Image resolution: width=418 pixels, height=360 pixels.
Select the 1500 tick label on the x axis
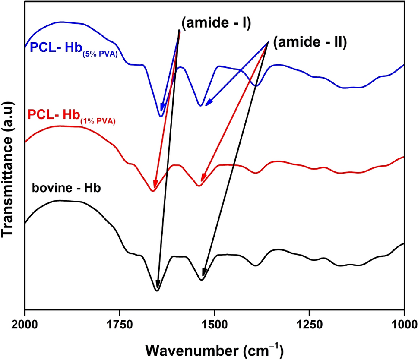(x=215, y=322)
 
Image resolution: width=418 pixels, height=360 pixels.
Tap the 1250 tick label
(x=309, y=322)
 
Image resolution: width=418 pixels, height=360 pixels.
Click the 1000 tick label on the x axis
(x=403, y=322)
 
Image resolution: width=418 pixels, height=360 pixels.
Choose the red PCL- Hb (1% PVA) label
(x=71, y=116)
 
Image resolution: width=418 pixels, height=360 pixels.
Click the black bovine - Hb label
(x=66, y=188)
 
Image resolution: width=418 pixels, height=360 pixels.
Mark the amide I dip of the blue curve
(x=161, y=116)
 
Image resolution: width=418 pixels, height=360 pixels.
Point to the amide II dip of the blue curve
(x=200, y=105)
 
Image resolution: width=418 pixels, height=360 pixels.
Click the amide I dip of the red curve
(x=152, y=191)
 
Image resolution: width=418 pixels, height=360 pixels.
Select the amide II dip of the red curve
(x=199, y=186)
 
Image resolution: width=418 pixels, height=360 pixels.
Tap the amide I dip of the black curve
(x=157, y=291)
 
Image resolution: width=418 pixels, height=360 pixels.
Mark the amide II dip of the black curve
(x=202, y=280)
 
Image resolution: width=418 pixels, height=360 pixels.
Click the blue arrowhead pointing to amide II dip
(x=208, y=103)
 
